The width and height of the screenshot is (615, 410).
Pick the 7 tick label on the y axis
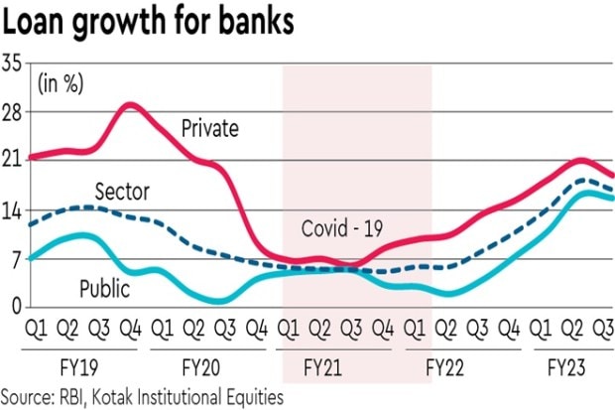click(16, 258)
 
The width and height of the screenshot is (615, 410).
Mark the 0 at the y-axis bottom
click(16, 307)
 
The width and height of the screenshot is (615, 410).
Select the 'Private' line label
click(210, 127)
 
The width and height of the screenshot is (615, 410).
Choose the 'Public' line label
click(106, 290)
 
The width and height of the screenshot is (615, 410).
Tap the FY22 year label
click(445, 367)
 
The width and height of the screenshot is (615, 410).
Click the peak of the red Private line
click(129, 104)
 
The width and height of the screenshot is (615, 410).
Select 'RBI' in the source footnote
click(72, 396)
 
